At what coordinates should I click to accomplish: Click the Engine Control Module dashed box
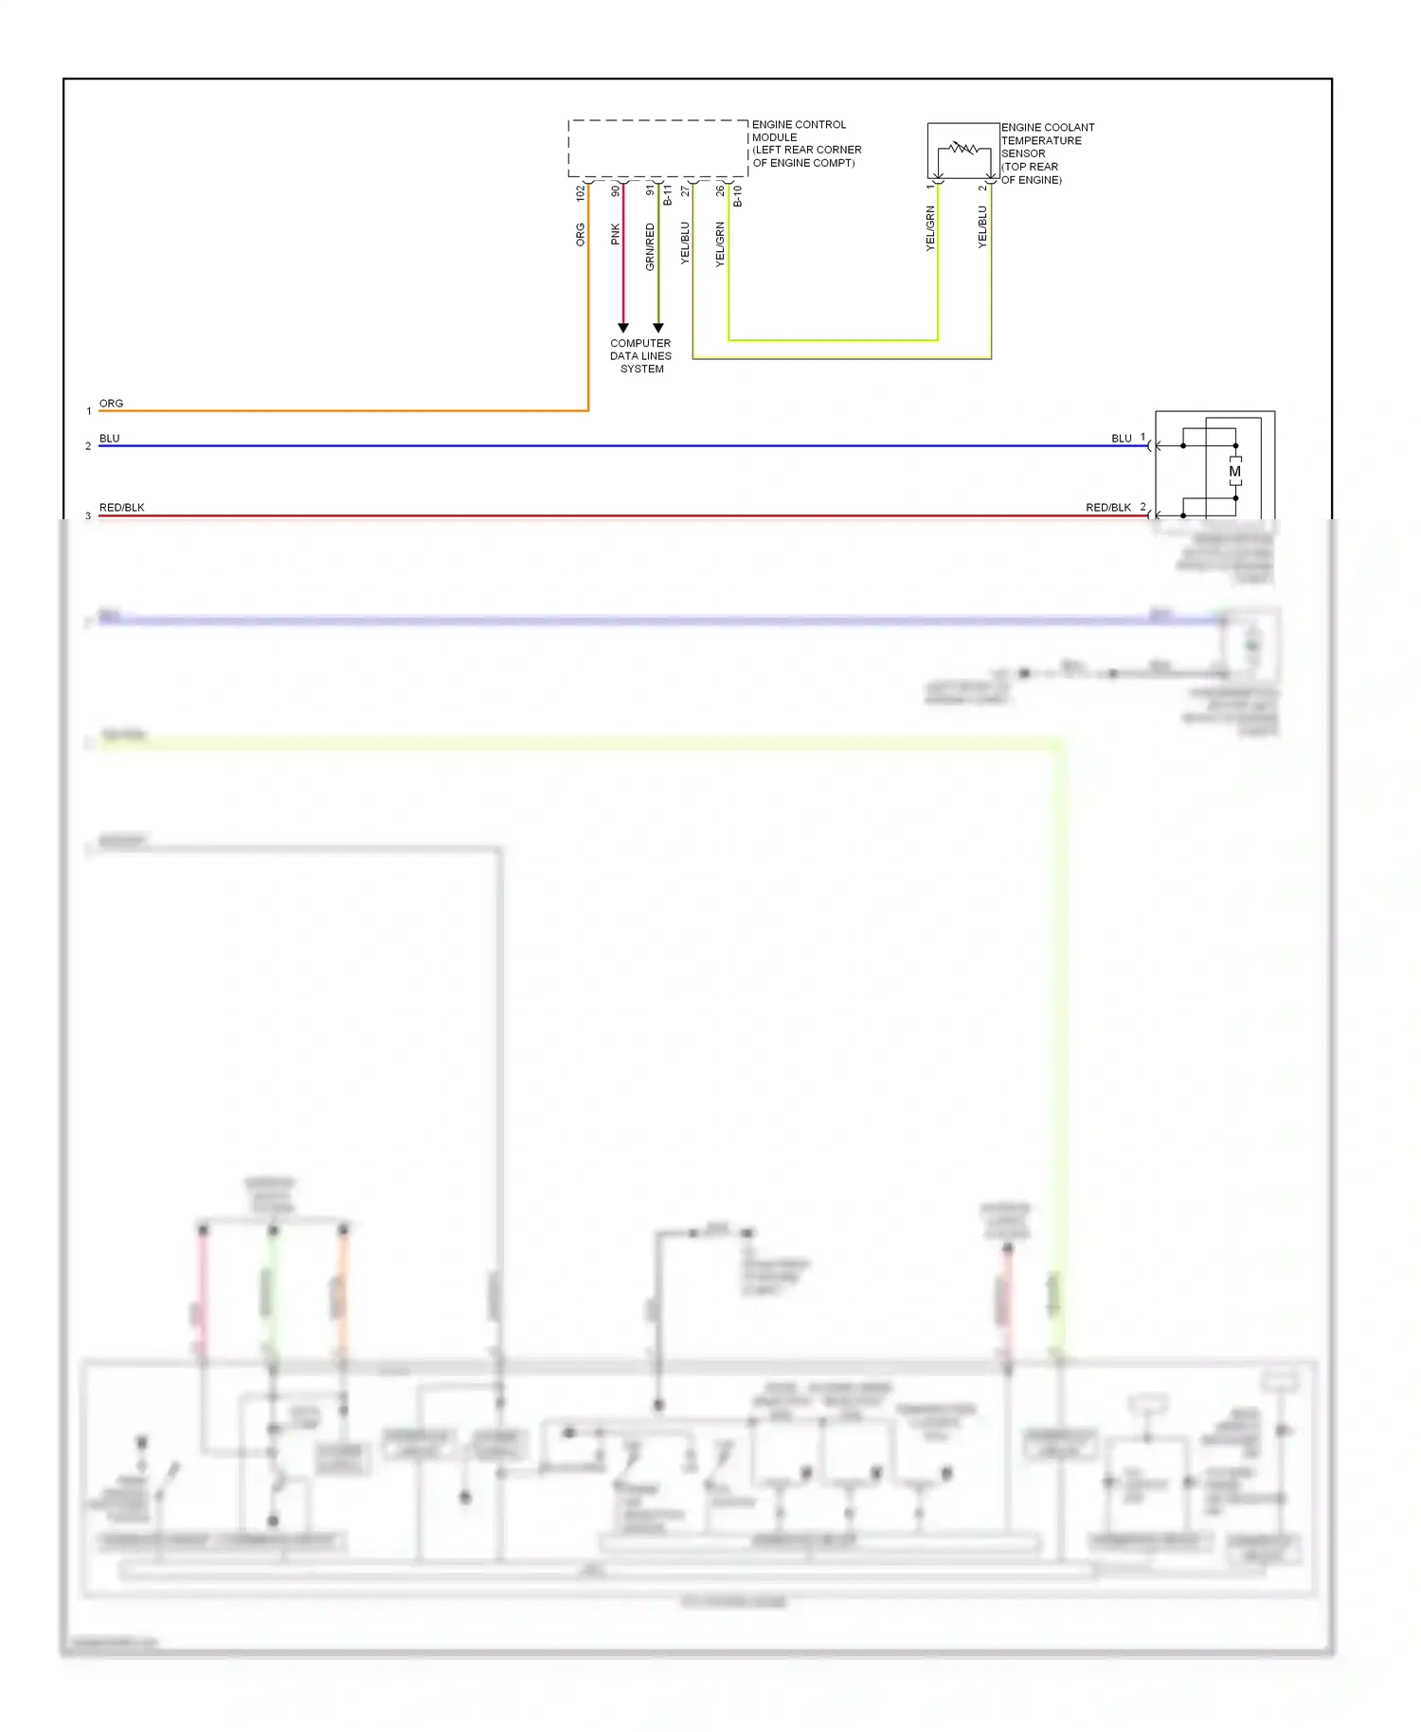tap(657, 148)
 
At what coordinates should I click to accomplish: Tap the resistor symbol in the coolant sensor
tap(963, 148)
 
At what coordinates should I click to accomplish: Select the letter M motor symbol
tap(1234, 471)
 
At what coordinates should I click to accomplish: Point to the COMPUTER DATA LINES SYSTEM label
tap(640, 356)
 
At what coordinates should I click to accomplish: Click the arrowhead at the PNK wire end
tap(623, 328)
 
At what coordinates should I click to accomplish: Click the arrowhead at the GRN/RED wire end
tap(658, 328)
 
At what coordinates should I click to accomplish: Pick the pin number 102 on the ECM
tap(581, 192)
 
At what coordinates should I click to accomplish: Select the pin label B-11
tap(668, 195)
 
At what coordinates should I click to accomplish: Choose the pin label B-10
tap(738, 195)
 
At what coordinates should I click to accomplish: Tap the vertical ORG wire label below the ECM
tap(581, 235)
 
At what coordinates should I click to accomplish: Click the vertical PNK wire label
tap(616, 234)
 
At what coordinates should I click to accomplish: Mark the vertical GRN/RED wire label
tap(650, 246)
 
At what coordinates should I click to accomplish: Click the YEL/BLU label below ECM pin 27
tap(685, 243)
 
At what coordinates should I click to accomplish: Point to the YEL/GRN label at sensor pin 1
tap(930, 228)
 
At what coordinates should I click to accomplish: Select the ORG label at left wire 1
tap(111, 404)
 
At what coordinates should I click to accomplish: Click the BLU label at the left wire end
tap(110, 439)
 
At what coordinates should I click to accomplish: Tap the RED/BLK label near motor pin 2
tap(1108, 508)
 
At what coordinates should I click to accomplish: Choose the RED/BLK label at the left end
tap(122, 508)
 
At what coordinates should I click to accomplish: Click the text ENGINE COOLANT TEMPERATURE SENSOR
tap(1046, 140)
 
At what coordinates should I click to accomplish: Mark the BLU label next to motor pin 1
tap(1122, 439)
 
